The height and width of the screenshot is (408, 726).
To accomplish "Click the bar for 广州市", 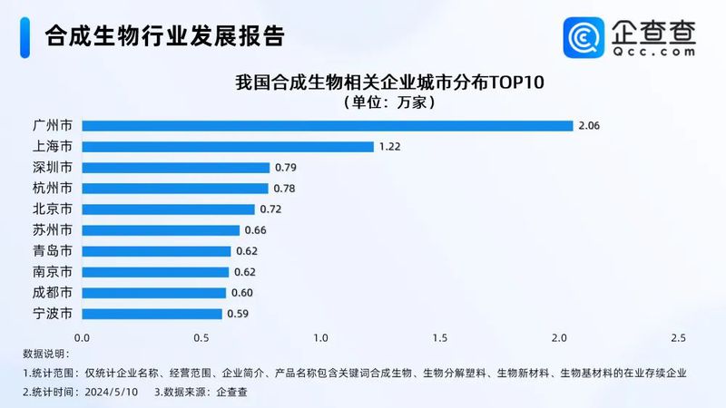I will point(327,125).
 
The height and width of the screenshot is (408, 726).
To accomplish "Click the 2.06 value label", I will point(589,125).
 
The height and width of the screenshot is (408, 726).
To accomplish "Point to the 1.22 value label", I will point(389,146).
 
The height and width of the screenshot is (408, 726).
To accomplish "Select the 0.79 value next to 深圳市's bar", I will point(286,168).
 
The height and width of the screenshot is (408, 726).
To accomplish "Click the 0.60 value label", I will point(240,293).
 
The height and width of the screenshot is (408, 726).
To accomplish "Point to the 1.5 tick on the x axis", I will point(439,337).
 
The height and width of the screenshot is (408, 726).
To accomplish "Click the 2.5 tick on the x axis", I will point(677,337).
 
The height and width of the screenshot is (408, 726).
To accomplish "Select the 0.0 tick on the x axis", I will point(82,337).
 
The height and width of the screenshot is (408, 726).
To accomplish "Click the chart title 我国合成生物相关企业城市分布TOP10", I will point(389,83).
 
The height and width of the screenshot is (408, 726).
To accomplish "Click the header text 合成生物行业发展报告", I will point(163,36).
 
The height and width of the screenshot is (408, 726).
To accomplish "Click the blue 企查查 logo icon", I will point(582,36).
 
